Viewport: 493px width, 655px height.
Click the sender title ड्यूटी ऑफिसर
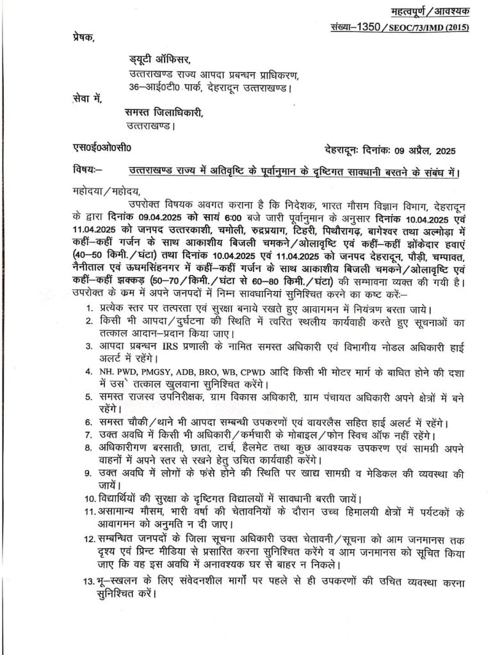pyautogui.click(x=159, y=61)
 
